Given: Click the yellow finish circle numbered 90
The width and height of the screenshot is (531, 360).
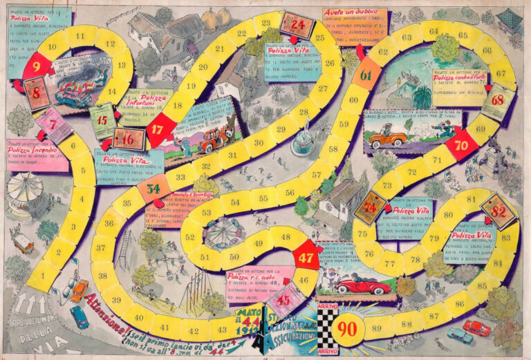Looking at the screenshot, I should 348,327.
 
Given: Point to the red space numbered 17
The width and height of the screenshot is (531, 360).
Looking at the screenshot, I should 158,129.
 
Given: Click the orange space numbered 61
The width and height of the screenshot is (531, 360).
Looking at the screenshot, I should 366,75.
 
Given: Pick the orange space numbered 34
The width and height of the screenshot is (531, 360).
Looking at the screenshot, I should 153,188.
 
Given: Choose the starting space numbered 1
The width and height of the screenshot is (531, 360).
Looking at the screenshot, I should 43,274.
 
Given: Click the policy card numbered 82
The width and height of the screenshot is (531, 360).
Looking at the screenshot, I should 499,210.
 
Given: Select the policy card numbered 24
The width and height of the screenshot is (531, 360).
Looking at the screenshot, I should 297,26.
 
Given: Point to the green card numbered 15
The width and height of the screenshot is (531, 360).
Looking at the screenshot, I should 102,119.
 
